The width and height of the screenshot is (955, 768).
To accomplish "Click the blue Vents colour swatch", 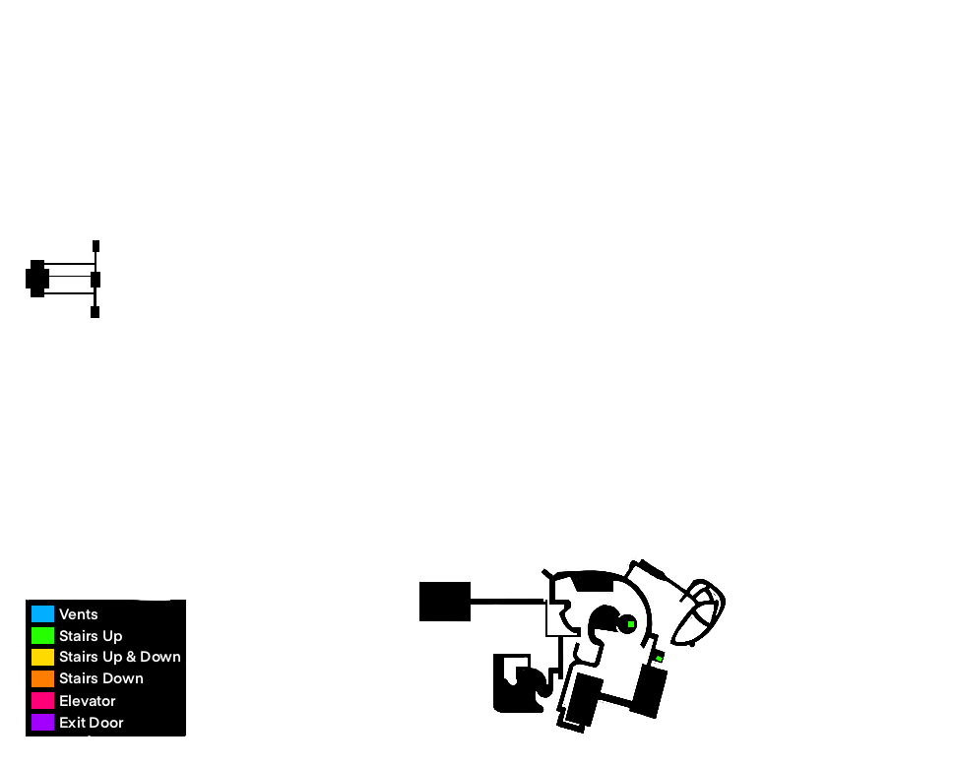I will click(x=42, y=614).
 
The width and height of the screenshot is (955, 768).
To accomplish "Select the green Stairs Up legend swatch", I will click(x=42, y=636).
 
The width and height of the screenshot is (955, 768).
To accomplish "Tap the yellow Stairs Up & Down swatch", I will click(x=42, y=657).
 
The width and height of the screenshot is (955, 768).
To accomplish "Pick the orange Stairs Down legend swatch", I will click(x=42, y=678).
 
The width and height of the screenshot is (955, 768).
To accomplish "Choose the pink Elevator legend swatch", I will click(x=42, y=701).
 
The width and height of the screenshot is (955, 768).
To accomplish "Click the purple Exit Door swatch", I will click(x=42, y=723).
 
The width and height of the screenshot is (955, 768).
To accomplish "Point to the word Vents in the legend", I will click(x=79, y=614).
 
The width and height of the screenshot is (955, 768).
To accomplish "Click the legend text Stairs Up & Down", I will click(x=120, y=657).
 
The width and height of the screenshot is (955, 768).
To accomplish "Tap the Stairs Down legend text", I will click(x=101, y=678).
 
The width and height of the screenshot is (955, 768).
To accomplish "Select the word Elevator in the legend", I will click(x=88, y=701).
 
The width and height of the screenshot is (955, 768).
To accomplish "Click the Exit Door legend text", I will click(x=92, y=723).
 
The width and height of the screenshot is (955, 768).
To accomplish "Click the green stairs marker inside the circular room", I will click(x=631, y=624).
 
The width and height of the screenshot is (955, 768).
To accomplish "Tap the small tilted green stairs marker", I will click(x=659, y=658).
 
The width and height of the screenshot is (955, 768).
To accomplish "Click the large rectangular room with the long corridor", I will click(x=445, y=602).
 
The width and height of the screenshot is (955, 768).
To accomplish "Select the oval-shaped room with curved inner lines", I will click(x=700, y=610).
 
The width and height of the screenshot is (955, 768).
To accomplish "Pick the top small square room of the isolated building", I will click(x=95, y=246).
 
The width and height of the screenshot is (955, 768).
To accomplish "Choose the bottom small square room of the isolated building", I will click(x=95, y=312).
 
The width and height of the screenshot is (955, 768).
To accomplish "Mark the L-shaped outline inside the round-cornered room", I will click(x=512, y=670).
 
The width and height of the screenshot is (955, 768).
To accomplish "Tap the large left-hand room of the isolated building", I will click(x=36, y=279).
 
